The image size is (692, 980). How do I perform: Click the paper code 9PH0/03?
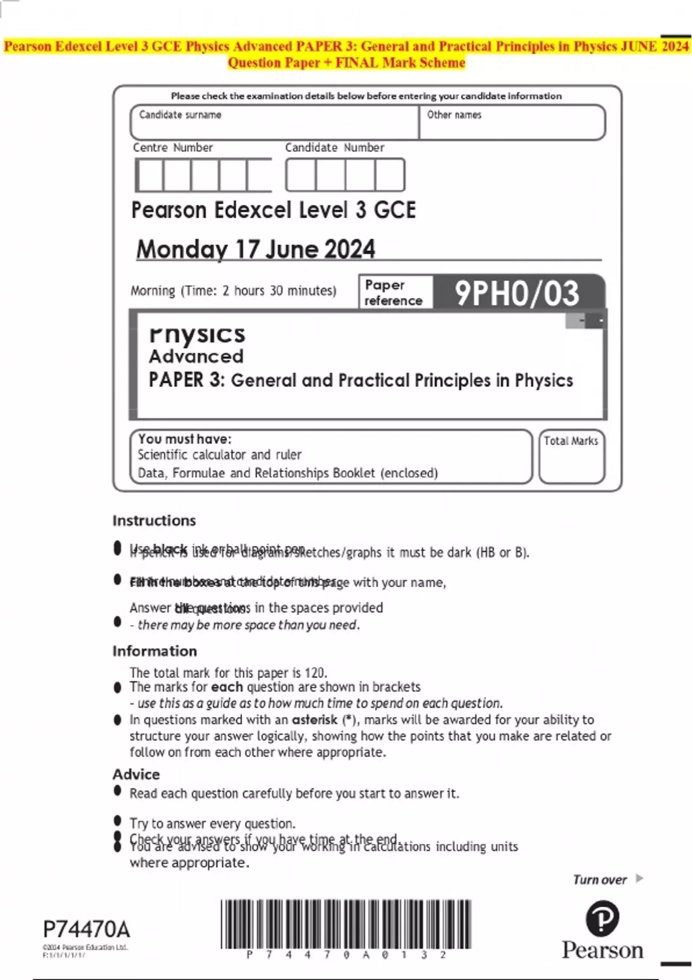click(x=517, y=293)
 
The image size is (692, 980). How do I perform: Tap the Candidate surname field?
click(x=274, y=122)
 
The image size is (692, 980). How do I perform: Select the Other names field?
click(x=512, y=122)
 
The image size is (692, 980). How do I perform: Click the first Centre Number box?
click(x=149, y=175)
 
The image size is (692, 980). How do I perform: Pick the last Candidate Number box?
click(x=390, y=175)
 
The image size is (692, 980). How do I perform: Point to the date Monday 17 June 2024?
click(x=255, y=249)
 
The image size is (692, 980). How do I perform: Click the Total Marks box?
click(x=571, y=457)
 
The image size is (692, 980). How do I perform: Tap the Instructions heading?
click(x=154, y=521)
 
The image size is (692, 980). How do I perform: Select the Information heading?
click(x=155, y=651)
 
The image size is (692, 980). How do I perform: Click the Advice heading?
click(x=136, y=774)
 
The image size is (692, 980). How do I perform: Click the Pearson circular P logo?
click(x=602, y=918)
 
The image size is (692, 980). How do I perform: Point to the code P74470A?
click(x=86, y=929)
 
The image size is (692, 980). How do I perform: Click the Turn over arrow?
click(x=639, y=879)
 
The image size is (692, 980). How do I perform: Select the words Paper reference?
click(x=393, y=293)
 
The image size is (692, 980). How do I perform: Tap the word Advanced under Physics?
click(x=196, y=356)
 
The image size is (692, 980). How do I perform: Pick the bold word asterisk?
click(x=314, y=719)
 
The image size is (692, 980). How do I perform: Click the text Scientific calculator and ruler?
click(x=219, y=455)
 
